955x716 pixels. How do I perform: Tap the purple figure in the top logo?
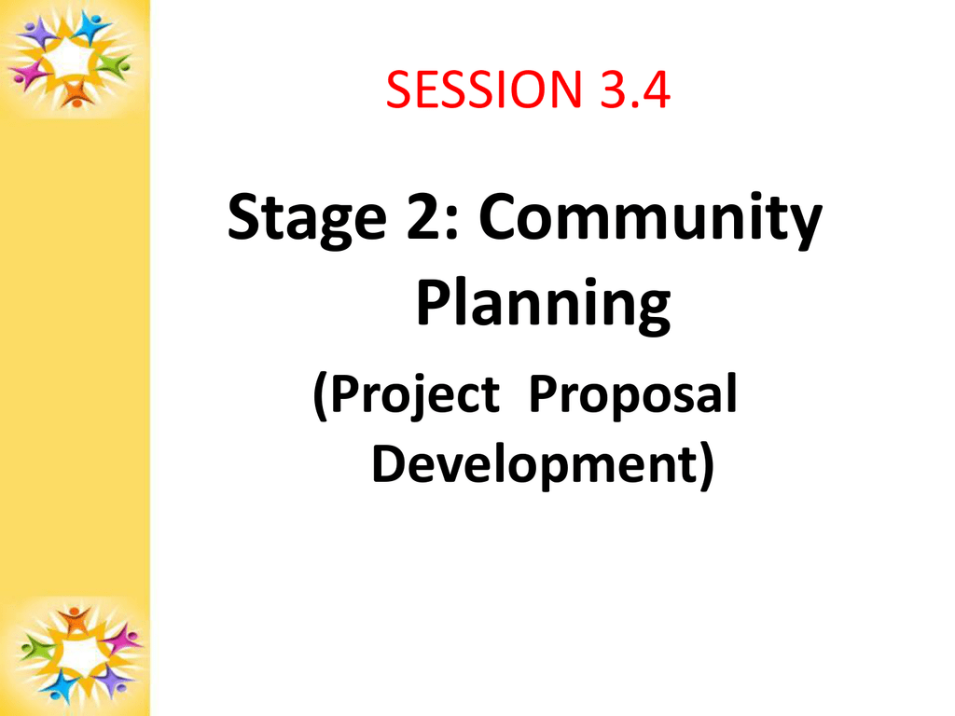(39, 32)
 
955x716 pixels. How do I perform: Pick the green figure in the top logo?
(114, 65)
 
